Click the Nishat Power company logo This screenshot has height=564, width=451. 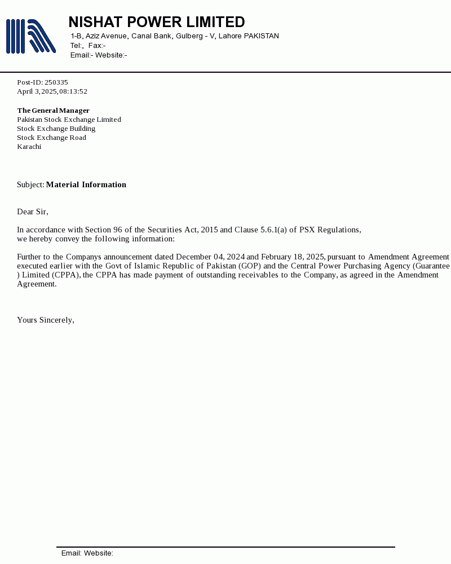30,36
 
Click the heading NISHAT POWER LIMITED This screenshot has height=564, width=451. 157,22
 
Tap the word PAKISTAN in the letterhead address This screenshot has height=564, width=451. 261,36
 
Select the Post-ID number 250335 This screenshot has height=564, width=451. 56,82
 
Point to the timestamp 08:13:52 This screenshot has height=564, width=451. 73,91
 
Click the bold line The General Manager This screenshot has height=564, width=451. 53,111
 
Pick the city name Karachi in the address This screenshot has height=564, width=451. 29,147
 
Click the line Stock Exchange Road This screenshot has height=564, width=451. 51,138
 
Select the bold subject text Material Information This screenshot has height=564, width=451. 86,184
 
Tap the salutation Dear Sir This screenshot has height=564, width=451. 32,211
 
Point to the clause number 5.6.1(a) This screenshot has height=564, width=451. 273,230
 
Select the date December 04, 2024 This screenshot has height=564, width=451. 210,257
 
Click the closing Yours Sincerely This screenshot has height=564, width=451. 45,320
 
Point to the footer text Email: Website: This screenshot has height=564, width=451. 87,553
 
